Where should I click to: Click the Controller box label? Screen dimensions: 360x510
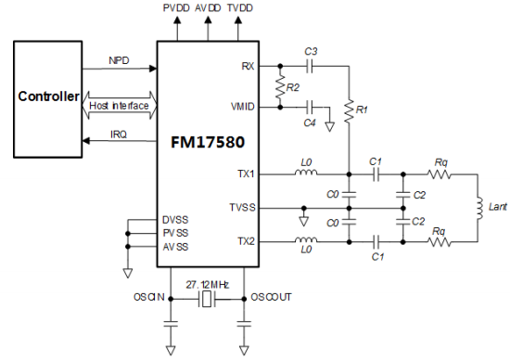pyautogui.click(x=45, y=96)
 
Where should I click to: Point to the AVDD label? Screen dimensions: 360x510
pyautogui.click(x=210, y=7)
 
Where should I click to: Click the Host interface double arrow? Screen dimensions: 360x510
pyautogui.click(x=120, y=107)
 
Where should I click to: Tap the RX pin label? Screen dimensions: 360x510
pyautogui.click(x=247, y=67)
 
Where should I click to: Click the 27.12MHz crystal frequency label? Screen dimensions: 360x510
pyautogui.click(x=207, y=282)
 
